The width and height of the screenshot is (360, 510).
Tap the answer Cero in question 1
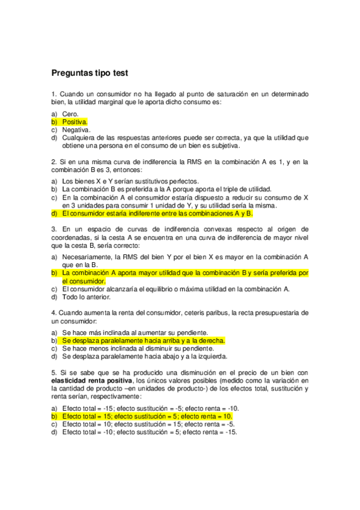pos(70,114)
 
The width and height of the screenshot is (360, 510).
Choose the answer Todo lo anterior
pos(87,297)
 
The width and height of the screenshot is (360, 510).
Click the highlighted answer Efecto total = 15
pos(147,416)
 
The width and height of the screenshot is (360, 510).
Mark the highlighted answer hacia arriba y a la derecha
pos(144,340)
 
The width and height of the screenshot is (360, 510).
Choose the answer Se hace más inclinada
pos(135,333)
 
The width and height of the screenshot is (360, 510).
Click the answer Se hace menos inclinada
pos(137,348)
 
